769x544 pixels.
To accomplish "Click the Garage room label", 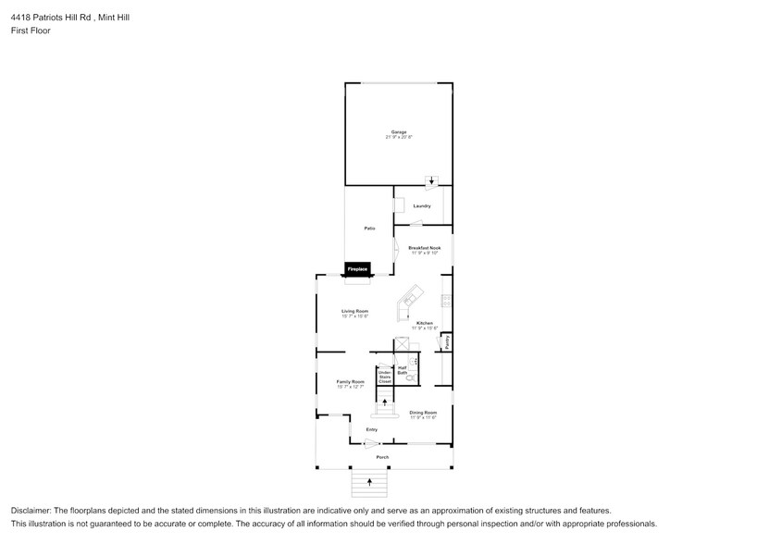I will (398, 132).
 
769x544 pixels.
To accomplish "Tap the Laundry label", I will (422, 205).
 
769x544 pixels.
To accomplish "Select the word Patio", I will (368, 228).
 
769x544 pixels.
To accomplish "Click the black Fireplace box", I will (358, 269).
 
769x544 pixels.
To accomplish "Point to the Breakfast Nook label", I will (424, 248).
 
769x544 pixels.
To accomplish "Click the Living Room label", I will (355, 311).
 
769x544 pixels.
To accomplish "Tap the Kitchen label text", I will (424, 323).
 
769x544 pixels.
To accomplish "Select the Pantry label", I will (446, 343).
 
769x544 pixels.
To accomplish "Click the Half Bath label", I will (403, 370).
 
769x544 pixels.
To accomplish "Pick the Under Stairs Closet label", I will (384, 377).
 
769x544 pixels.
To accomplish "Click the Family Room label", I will (350, 382).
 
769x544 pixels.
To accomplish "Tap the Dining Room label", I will (423, 413).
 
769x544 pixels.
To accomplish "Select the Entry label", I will (371, 429).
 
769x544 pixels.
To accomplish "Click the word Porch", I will (381, 458).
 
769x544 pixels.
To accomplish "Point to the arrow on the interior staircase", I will (386, 402).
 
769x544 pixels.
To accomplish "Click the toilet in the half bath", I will (411, 377).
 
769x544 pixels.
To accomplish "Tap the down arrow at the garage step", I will (430, 181).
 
